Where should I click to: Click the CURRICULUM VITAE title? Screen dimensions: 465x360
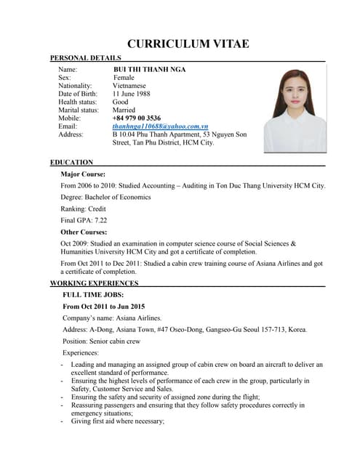188,44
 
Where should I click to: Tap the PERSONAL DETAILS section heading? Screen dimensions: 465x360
85,58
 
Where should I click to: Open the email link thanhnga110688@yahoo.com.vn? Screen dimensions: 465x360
160,126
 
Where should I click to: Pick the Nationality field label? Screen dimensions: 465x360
76,86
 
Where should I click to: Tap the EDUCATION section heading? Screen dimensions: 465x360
71,162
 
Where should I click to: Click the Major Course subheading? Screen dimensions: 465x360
84,174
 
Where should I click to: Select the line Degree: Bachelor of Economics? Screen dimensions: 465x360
106,198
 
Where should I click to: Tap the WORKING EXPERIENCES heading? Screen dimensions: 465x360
94,283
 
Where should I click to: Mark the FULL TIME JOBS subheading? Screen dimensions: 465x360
93,295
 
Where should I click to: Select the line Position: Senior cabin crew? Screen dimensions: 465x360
101,341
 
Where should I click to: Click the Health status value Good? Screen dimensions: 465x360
120,102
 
